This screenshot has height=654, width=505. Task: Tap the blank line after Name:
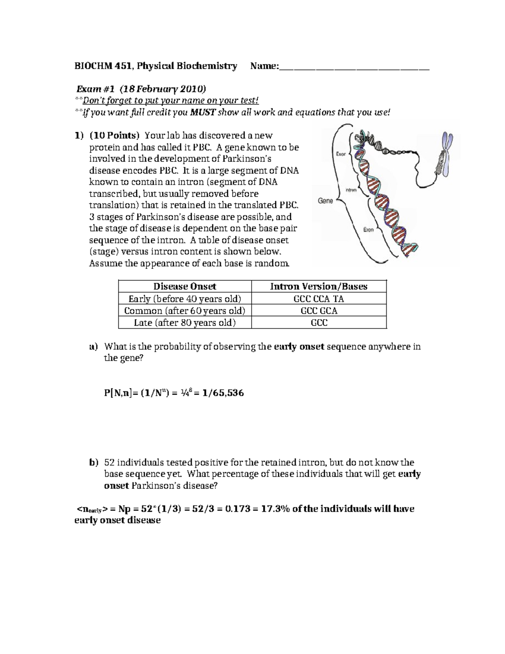click(354, 67)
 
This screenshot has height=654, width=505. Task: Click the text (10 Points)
click(114, 136)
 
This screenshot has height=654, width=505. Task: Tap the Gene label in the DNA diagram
click(325, 201)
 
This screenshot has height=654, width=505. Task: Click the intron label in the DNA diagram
click(351, 190)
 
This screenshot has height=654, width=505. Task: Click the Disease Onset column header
click(184, 286)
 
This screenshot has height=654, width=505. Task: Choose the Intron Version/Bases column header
click(319, 286)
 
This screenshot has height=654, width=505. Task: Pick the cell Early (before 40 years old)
click(184, 299)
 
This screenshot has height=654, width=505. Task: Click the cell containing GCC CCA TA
click(319, 299)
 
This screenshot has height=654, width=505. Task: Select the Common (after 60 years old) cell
click(184, 311)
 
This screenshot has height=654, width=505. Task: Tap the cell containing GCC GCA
click(319, 311)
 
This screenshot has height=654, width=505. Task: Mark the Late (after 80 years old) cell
click(184, 323)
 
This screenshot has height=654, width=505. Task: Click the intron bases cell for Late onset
click(319, 323)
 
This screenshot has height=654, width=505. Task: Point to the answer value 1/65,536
click(223, 393)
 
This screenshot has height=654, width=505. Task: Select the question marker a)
click(93, 347)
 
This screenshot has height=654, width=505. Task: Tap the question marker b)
click(93, 462)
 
